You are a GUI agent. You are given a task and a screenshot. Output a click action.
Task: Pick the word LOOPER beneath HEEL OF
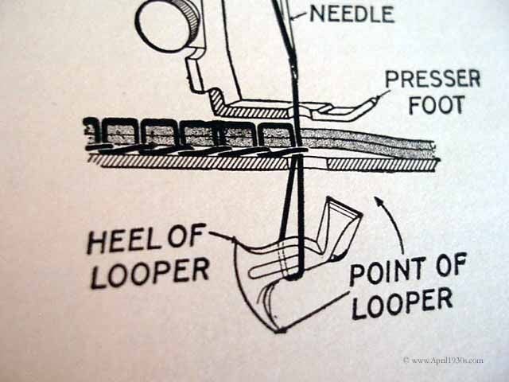pos(149,272)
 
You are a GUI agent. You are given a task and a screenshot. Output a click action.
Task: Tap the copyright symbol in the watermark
pos(406,361)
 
